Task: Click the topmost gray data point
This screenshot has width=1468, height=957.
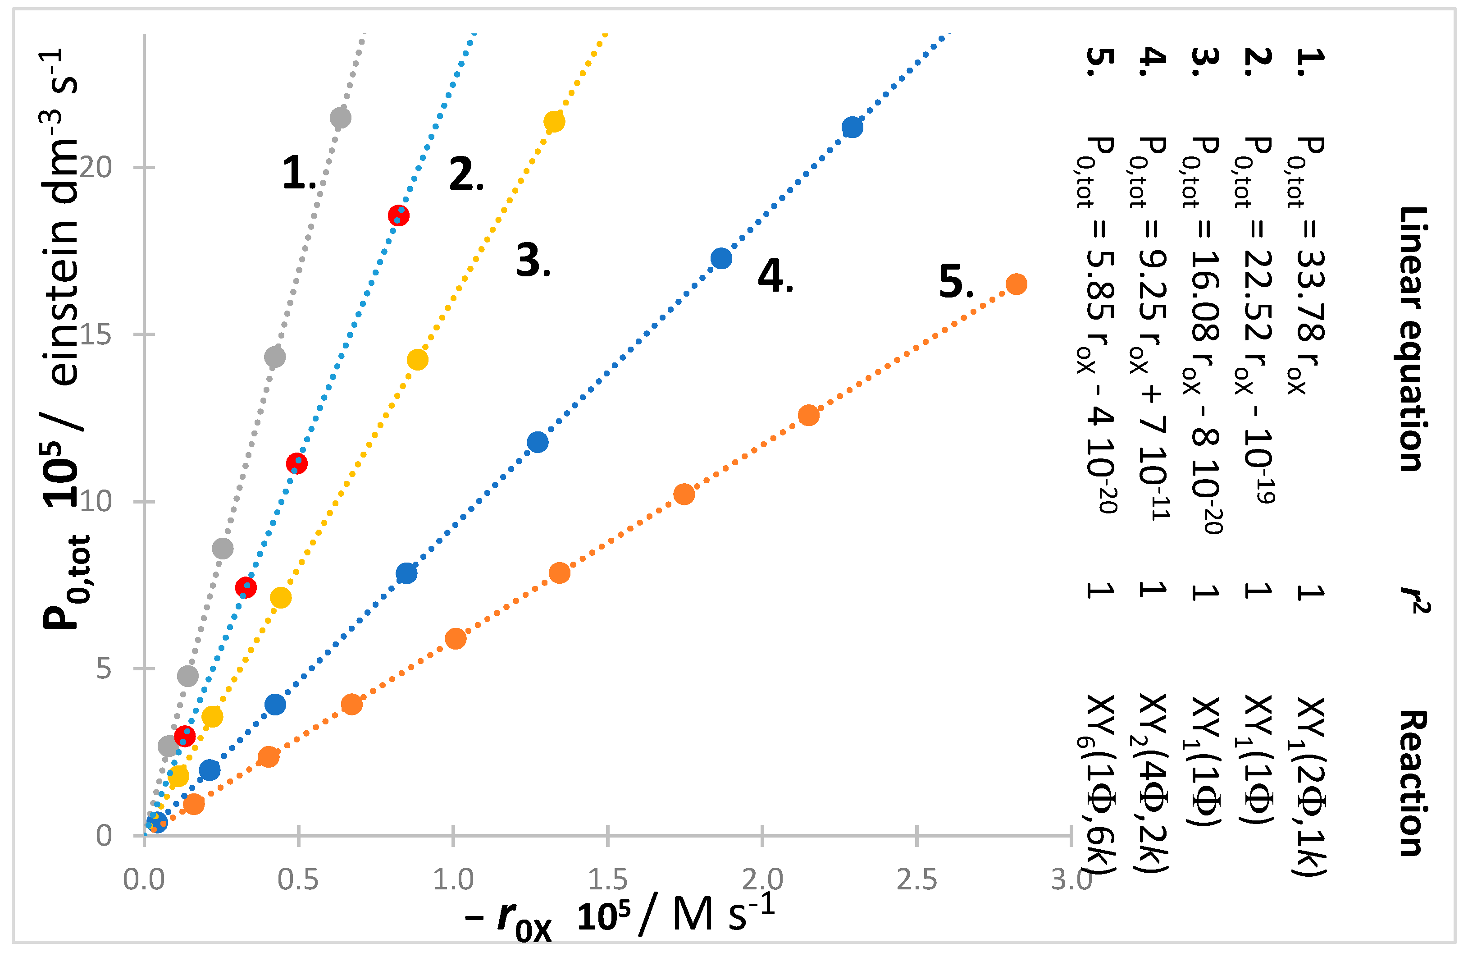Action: [340, 118]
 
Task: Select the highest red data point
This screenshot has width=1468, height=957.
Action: [398, 215]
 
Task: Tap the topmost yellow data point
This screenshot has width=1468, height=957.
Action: [554, 122]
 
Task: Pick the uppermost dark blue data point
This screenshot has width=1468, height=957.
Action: [852, 128]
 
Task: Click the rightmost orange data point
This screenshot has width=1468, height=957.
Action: [1016, 284]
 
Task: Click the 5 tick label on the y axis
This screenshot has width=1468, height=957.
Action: [104, 668]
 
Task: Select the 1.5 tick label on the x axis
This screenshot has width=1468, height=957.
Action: [607, 880]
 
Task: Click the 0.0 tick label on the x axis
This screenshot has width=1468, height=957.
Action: [144, 880]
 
